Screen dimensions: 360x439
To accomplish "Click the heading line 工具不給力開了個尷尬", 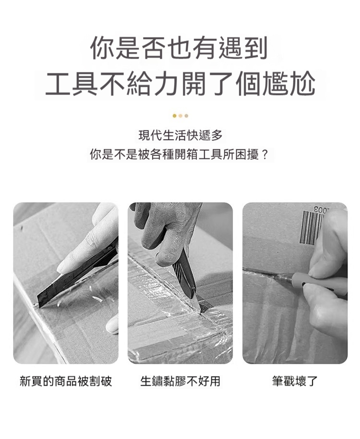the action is point(180,83).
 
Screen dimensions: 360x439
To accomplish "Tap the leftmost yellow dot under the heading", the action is point(174,116).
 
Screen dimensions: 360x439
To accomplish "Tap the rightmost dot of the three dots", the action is point(186,116).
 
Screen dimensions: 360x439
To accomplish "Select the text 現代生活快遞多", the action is point(180,135).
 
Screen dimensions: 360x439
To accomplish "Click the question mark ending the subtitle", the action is point(265,154).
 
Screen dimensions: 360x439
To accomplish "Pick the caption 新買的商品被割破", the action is point(66,381).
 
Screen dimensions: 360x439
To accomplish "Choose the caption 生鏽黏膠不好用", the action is point(180,381).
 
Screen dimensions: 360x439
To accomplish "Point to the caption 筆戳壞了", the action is point(295,381).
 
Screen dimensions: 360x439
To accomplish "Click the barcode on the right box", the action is point(312,227).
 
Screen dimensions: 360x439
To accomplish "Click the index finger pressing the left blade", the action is point(84,252).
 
